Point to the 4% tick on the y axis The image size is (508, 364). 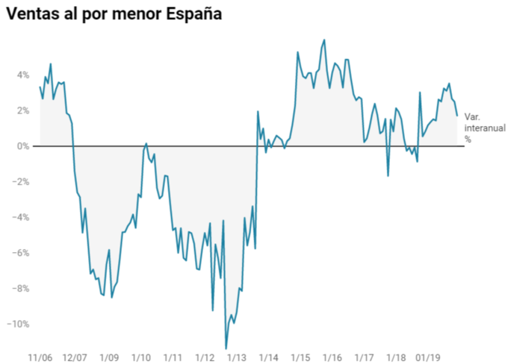tap(23, 75)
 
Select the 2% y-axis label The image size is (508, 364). tap(23, 110)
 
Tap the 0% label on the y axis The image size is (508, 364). tap(23, 146)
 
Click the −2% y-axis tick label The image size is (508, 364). tap(21, 181)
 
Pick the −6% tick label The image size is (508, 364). tap(21, 253)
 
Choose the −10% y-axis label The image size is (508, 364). tap(19, 324)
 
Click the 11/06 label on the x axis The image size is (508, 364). tap(40, 357)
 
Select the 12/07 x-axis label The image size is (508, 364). tap(75, 357)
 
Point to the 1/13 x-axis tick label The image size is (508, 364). tap(238, 357)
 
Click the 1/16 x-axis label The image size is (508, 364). tap(332, 357)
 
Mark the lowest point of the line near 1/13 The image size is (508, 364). tap(226, 348)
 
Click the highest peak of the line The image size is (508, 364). tap(324, 40)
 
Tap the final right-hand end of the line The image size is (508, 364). tap(457, 116)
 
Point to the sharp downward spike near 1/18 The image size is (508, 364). tap(388, 176)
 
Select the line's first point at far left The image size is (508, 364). tap(40, 87)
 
